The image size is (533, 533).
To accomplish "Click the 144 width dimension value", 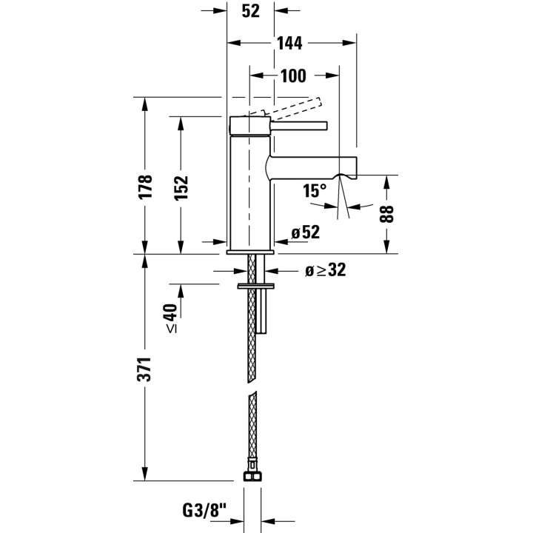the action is click(289, 44).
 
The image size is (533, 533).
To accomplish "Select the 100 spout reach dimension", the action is click(293, 76).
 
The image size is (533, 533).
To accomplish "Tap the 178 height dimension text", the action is click(146, 187).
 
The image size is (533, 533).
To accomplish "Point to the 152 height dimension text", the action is click(181, 188).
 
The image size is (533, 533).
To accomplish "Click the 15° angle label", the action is click(315, 191).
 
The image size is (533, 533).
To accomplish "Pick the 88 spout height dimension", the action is click(386, 214).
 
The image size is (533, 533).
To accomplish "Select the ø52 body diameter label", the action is click(306, 232).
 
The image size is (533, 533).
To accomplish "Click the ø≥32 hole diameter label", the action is click(326, 270).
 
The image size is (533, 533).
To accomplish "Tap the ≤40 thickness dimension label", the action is click(171, 318).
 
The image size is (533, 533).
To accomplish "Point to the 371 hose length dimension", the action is click(144, 369).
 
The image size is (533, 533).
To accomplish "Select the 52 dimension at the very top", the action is click(250, 11).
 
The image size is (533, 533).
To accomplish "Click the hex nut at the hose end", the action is click(252, 475).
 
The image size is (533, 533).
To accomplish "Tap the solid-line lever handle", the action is click(298, 125).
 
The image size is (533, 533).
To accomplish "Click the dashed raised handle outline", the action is click(286, 109).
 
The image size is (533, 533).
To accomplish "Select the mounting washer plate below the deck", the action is click(255, 286).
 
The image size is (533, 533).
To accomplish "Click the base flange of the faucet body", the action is click(250, 252).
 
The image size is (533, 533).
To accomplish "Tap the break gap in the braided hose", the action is click(252, 386).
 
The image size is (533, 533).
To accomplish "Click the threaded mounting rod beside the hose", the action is click(261, 294).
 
